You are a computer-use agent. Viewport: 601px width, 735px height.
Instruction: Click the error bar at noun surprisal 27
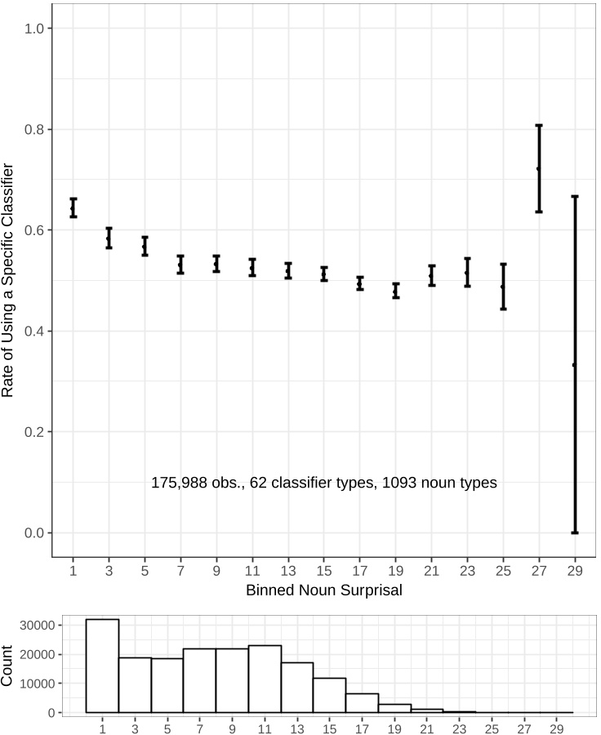(539, 168)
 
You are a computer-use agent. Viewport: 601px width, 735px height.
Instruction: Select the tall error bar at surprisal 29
(575, 364)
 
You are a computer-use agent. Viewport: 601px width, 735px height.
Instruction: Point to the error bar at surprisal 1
(73, 207)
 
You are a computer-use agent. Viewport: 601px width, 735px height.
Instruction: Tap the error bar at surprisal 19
(395, 291)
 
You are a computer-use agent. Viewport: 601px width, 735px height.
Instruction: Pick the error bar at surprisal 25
(503, 287)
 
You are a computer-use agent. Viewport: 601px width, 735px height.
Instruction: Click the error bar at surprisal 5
(145, 246)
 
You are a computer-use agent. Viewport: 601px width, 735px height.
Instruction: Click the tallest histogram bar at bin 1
(102, 666)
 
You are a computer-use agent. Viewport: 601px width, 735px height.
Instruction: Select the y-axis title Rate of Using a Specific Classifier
(9, 280)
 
